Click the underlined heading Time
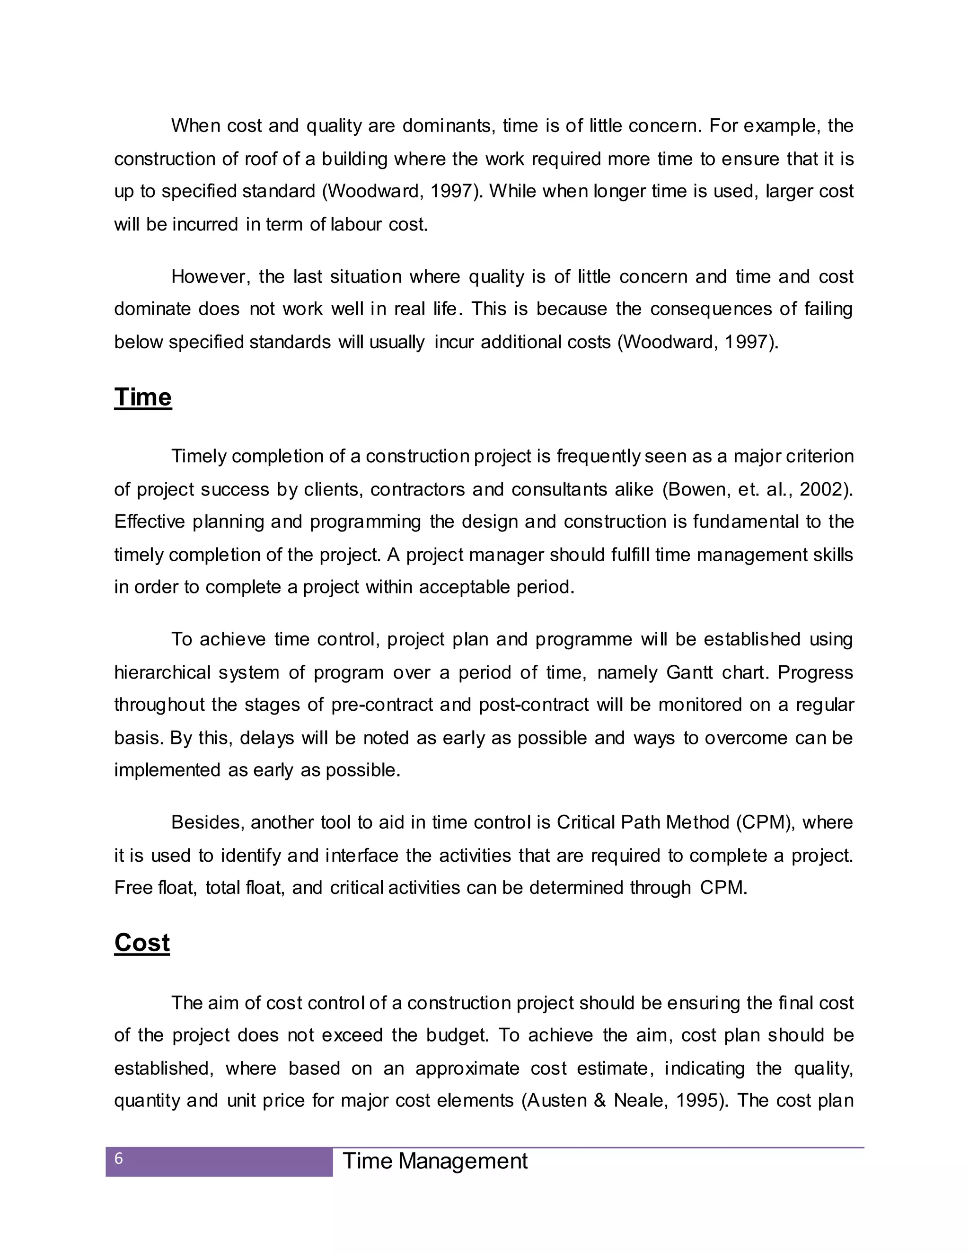142,397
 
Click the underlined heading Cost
142,943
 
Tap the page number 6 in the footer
119,1159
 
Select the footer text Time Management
434,1161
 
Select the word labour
356,224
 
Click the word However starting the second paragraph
211,277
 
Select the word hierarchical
162,672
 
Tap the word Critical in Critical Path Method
586,823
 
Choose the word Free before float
133,888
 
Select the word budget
457,1035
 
